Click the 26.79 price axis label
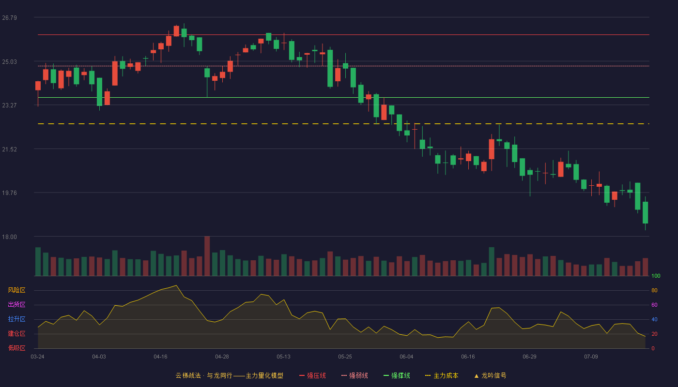coord(9,18)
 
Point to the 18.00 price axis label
coord(9,237)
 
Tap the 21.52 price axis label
coord(9,149)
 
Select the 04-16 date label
coord(160,357)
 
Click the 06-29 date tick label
coord(529,357)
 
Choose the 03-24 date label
coord(38,357)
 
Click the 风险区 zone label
coord(16,290)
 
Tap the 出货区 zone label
coord(16,304)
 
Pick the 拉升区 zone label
coord(16,319)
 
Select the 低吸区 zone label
coord(16,348)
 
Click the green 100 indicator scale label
coord(656,276)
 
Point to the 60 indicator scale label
coord(654,305)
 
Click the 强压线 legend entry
coord(312,376)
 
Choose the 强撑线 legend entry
coord(397,376)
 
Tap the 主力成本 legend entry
coord(442,376)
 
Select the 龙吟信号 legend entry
coord(490,376)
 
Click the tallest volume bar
coord(207,256)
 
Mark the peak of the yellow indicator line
coord(176,285)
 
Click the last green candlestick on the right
coord(645,213)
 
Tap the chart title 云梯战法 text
coord(188,376)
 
